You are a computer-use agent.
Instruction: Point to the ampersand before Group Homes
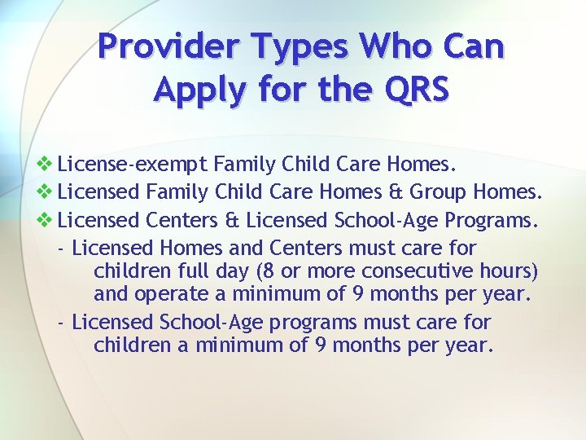click(x=396, y=193)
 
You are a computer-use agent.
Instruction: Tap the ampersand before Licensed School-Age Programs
click(x=234, y=220)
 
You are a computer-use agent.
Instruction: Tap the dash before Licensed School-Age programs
click(x=63, y=322)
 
